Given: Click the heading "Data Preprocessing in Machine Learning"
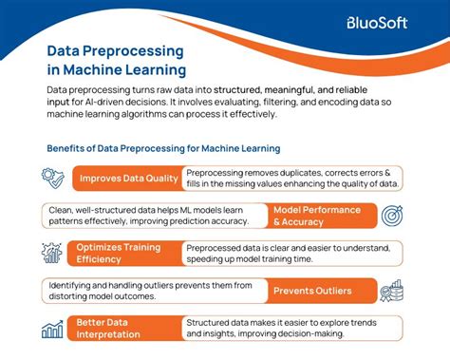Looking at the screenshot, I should (x=117, y=59).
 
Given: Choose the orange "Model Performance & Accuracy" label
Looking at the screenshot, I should (x=316, y=216).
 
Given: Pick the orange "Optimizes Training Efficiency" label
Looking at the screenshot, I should (x=120, y=253).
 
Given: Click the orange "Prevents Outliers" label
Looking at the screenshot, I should (x=312, y=291).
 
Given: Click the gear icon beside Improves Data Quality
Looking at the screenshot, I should (x=52, y=178).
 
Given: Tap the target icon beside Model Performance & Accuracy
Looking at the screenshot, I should (x=392, y=216).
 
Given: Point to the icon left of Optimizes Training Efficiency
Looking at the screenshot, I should (x=52, y=253).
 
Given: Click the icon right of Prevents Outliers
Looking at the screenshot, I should (x=392, y=291).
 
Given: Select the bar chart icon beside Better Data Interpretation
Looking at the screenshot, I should (x=52, y=329).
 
